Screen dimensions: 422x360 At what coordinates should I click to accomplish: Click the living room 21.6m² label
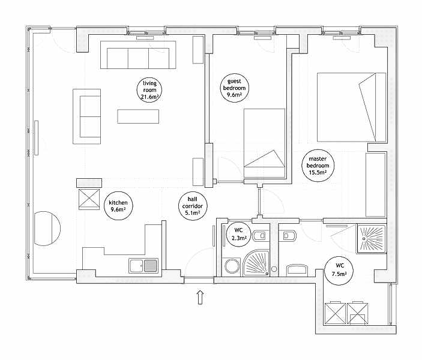149,90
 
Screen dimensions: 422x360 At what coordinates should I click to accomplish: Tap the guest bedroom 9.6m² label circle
234,88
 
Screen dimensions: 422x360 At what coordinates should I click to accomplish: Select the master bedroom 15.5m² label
318,166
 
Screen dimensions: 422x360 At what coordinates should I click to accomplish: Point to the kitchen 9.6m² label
118,206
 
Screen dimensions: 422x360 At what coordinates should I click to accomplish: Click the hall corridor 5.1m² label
193,206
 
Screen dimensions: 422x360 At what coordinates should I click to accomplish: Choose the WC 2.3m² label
238,234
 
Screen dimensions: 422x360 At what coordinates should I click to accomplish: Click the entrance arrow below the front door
200,298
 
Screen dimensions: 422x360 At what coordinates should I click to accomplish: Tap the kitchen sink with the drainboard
143,266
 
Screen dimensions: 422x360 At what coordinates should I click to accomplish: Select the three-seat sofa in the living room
138,55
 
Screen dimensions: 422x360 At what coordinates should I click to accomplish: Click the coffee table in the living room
138,116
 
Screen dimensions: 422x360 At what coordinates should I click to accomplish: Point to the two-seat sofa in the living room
87,116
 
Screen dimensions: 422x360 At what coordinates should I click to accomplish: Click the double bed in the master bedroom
352,107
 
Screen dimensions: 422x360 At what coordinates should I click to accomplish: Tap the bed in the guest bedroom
264,143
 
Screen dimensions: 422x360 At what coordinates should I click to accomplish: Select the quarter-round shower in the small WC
256,263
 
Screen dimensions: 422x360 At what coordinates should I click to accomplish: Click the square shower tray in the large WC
372,239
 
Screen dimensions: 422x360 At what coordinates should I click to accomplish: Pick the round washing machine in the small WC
231,266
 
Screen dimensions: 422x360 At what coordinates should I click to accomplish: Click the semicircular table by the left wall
47,229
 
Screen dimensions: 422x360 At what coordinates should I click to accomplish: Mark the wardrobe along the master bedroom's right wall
375,185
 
